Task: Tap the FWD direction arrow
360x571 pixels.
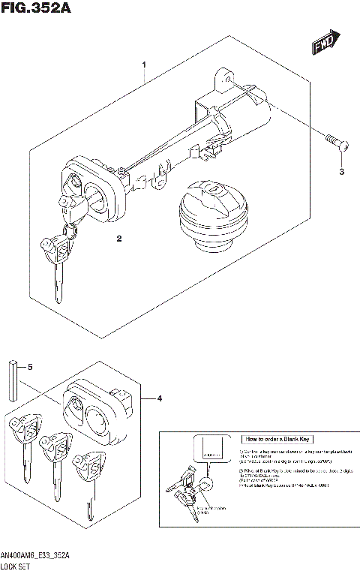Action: tap(327, 43)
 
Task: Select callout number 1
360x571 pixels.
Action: tap(144, 65)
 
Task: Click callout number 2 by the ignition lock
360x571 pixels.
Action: tap(118, 239)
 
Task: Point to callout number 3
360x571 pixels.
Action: tap(341, 172)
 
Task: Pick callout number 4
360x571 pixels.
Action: tap(160, 398)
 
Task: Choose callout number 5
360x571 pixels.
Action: tap(30, 368)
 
